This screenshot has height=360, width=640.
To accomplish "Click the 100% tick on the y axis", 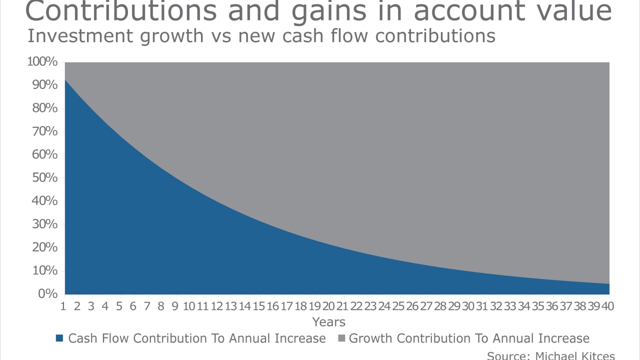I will click(x=42, y=62).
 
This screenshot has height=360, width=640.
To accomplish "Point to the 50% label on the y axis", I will click(x=45, y=178).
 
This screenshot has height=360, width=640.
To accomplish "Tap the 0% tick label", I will click(x=48, y=294).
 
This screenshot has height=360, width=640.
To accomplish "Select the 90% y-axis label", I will click(x=45, y=85).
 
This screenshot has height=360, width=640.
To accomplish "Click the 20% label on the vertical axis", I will click(x=45, y=247).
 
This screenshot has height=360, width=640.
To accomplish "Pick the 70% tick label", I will click(x=45, y=131).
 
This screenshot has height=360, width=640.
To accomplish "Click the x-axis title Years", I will click(x=328, y=321).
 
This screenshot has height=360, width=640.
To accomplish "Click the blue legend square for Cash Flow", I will click(x=60, y=339).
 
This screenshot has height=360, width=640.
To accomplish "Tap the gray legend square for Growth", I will click(x=341, y=339).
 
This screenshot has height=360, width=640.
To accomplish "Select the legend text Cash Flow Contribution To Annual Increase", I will click(x=196, y=338).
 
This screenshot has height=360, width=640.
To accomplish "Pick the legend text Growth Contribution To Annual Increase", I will click(x=469, y=338).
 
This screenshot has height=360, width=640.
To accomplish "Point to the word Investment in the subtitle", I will click(x=81, y=36).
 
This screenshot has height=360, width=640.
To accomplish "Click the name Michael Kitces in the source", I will click(x=575, y=355).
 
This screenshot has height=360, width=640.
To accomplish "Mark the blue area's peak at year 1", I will click(x=65, y=80).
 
